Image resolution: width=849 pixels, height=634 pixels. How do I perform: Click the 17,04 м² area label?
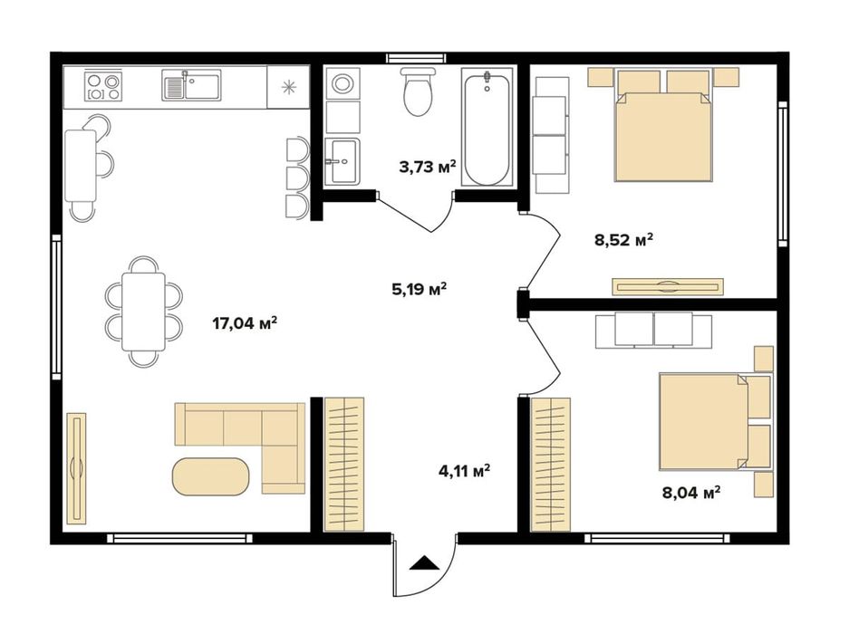pyautogui.click(x=245, y=323)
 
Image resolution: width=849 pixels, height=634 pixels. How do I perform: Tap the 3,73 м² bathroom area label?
pyautogui.click(x=428, y=167)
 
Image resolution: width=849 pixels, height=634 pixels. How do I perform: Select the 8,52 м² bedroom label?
pyautogui.click(x=623, y=239)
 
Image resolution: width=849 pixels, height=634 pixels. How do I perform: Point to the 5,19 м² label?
pyautogui.click(x=420, y=289)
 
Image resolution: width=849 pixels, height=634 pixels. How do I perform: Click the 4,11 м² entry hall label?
pyautogui.click(x=465, y=470)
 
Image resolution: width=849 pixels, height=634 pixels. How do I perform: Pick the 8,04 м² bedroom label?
pyautogui.click(x=691, y=492)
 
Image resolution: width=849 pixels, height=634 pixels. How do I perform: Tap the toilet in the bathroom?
pyautogui.click(x=418, y=91)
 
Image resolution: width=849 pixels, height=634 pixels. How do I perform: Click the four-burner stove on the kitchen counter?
pyautogui.click(x=103, y=86)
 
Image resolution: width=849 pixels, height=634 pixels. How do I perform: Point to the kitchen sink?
pyautogui.click(x=191, y=85)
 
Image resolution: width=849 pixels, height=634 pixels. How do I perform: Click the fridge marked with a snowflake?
pyautogui.click(x=289, y=87)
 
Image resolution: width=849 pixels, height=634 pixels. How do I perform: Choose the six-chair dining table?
pyautogui.click(x=143, y=312)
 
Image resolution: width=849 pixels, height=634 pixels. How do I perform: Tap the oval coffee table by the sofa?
pyautogui.click(x=211, y=476)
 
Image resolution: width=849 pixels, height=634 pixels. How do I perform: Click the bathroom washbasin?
pyautogui.click(x=342, y=161)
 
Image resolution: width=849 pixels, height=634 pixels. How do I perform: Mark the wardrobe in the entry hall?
pyautogui.click(x=343, y=464)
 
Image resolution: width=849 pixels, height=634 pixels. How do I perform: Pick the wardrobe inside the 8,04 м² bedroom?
pyautogui.click(x=551, y=464)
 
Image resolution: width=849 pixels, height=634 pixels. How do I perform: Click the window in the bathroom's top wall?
pyautogui.click(x=417, y=58)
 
